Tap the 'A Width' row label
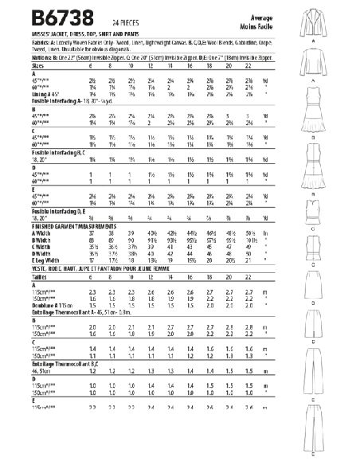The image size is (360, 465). (x=23, y=232)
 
